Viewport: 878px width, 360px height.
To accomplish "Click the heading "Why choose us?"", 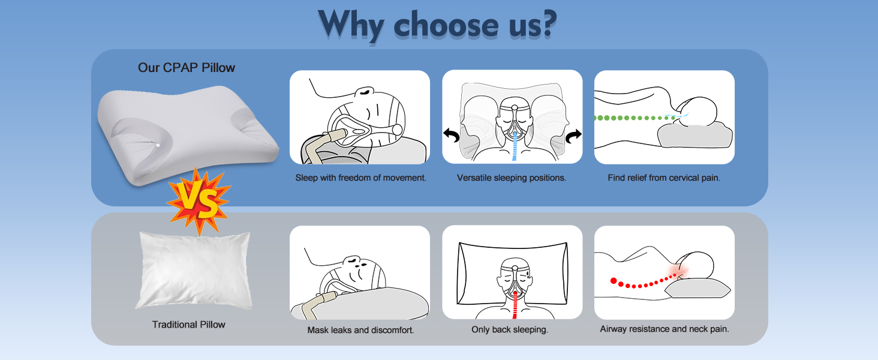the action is (437, 25).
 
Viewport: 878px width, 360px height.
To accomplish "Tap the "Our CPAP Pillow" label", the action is (186, 67).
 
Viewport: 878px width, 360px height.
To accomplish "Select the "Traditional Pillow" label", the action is (188, 325).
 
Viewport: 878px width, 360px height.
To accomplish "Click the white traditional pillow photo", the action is (194, 270).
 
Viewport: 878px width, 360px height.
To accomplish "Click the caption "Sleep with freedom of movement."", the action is (360, 178).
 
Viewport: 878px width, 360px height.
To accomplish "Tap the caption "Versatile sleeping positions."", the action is (512, 178).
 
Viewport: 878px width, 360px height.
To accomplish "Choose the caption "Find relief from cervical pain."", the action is (664, 178).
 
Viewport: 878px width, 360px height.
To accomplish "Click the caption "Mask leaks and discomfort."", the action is (360, 330).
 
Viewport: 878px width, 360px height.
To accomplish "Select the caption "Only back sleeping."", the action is (510, 329).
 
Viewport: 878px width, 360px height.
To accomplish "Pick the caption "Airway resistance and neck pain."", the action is (664, 329).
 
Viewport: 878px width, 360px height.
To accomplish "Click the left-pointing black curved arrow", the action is (451, 135).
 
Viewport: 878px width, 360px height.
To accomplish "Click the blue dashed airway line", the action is (515, 146).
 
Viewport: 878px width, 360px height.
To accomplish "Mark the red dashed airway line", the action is (515, 305).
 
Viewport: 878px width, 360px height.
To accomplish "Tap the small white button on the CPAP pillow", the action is (158, 145).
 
